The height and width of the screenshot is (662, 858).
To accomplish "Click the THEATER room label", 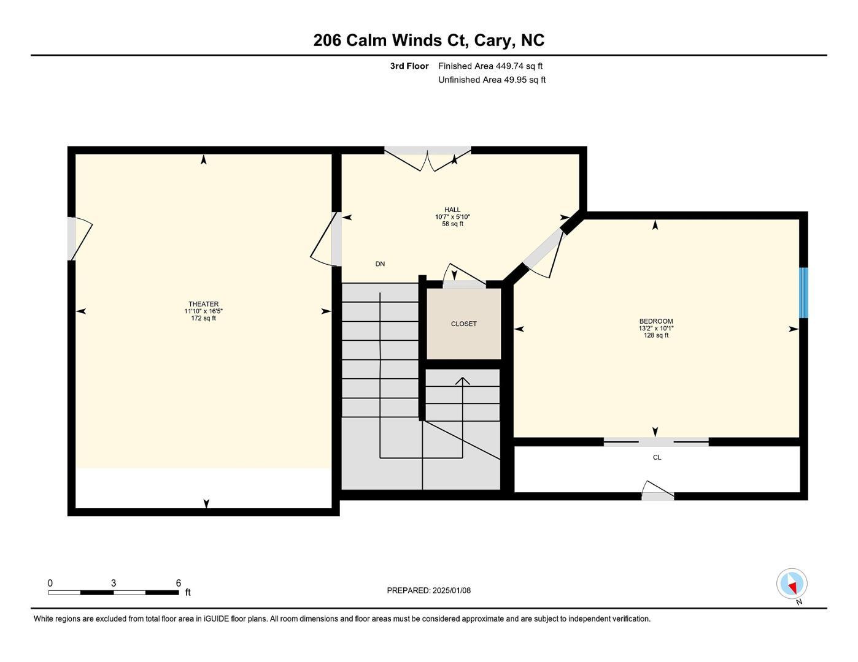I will point(203,304).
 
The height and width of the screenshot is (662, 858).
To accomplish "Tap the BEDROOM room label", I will point(655,321).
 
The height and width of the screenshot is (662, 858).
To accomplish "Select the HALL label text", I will point(452,210).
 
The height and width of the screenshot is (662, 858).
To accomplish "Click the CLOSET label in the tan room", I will point(463,324).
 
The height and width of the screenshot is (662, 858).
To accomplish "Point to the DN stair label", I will point(380,264).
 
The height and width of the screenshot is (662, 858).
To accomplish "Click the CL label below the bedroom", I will point(657,457).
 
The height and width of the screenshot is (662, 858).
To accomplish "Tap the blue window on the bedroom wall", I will point(803,292).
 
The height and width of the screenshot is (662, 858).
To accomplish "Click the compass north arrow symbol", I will point(792,584).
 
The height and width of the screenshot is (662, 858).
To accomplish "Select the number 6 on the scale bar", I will point(179,583).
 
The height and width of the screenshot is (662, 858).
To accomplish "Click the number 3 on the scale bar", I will point(114,583).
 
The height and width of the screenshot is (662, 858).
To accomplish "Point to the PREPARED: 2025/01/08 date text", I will point(428,590).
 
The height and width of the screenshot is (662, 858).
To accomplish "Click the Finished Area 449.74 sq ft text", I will point(490,66).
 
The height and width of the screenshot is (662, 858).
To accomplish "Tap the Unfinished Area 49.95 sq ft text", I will point(492,80).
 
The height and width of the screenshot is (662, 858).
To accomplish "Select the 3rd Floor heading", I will point(409,66).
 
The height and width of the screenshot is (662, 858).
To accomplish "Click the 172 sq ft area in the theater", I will point(203,318).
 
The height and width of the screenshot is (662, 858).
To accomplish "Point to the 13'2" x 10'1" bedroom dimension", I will point(655,329).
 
